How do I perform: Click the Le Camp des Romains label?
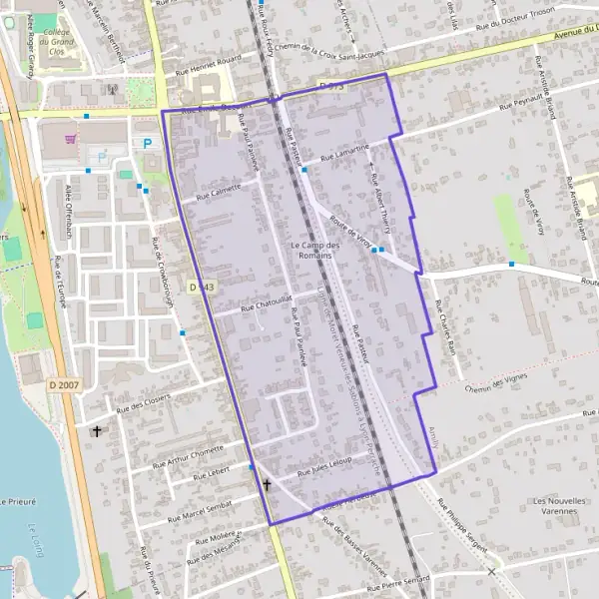[x=314, y=251]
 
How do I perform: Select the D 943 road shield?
[x=202, y=287]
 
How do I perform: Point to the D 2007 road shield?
[x=62, y=384]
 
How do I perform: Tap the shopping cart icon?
[x=70, y=140]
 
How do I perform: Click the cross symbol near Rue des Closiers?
[x=97, y=431]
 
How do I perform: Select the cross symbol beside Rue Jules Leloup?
[x=267, y=485]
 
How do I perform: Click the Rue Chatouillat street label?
[x=260, y=302]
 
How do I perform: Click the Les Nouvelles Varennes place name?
[x=557, y=505]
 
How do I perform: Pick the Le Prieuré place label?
[x=17, y=501]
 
